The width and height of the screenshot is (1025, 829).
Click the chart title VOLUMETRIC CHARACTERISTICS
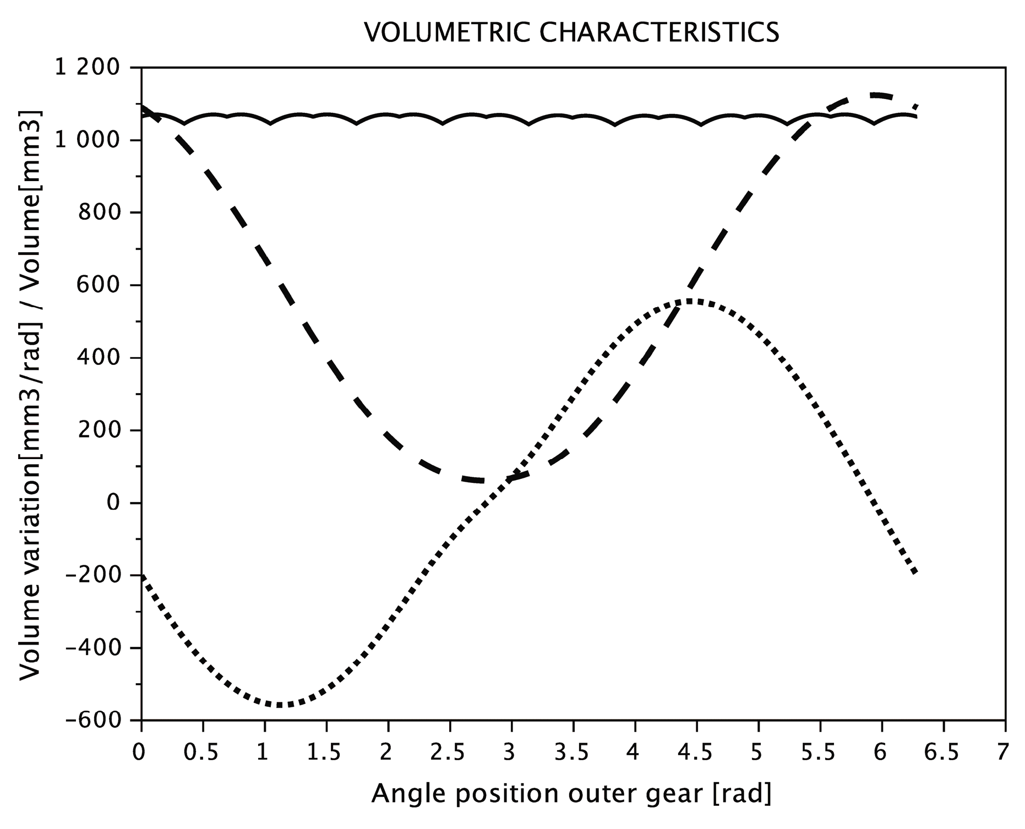pyautogui.click(x=571, y=33)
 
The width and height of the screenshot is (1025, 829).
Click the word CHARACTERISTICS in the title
pyautogui.click(x=659, y=33)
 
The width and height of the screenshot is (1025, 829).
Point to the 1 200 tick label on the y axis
pyautogui.click(x=86, y=68)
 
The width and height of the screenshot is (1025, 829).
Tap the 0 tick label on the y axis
pyautogui.click(x=113, y=503)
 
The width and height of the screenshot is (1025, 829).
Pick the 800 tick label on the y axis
pyautogui.click(x=100, y=212)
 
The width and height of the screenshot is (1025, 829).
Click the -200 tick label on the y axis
pyautogui.click(x=92, y=575)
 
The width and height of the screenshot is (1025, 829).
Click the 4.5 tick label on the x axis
pyautogui.click(x=697, y=752)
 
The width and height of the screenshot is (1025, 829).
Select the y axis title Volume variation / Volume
pyautogui.click(x=31, y=393)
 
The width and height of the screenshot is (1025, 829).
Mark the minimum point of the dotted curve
pyautogui.click(x=280, y=705)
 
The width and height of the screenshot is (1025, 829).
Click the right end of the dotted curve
pyautogui.click(x=915, y=573)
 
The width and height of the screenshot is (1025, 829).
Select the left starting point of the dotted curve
pyautogui.click(x=143, y=577)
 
